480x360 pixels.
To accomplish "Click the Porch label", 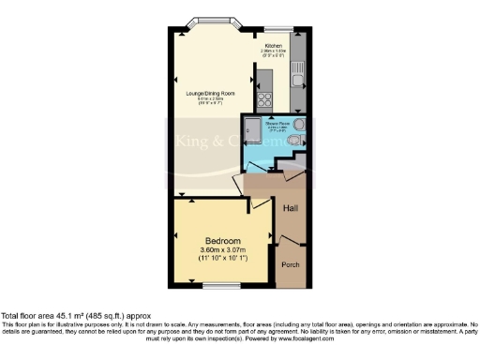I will (292, 265).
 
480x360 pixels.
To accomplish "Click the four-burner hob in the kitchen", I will (265, 98).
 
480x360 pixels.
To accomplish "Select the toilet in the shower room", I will (295, 141).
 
